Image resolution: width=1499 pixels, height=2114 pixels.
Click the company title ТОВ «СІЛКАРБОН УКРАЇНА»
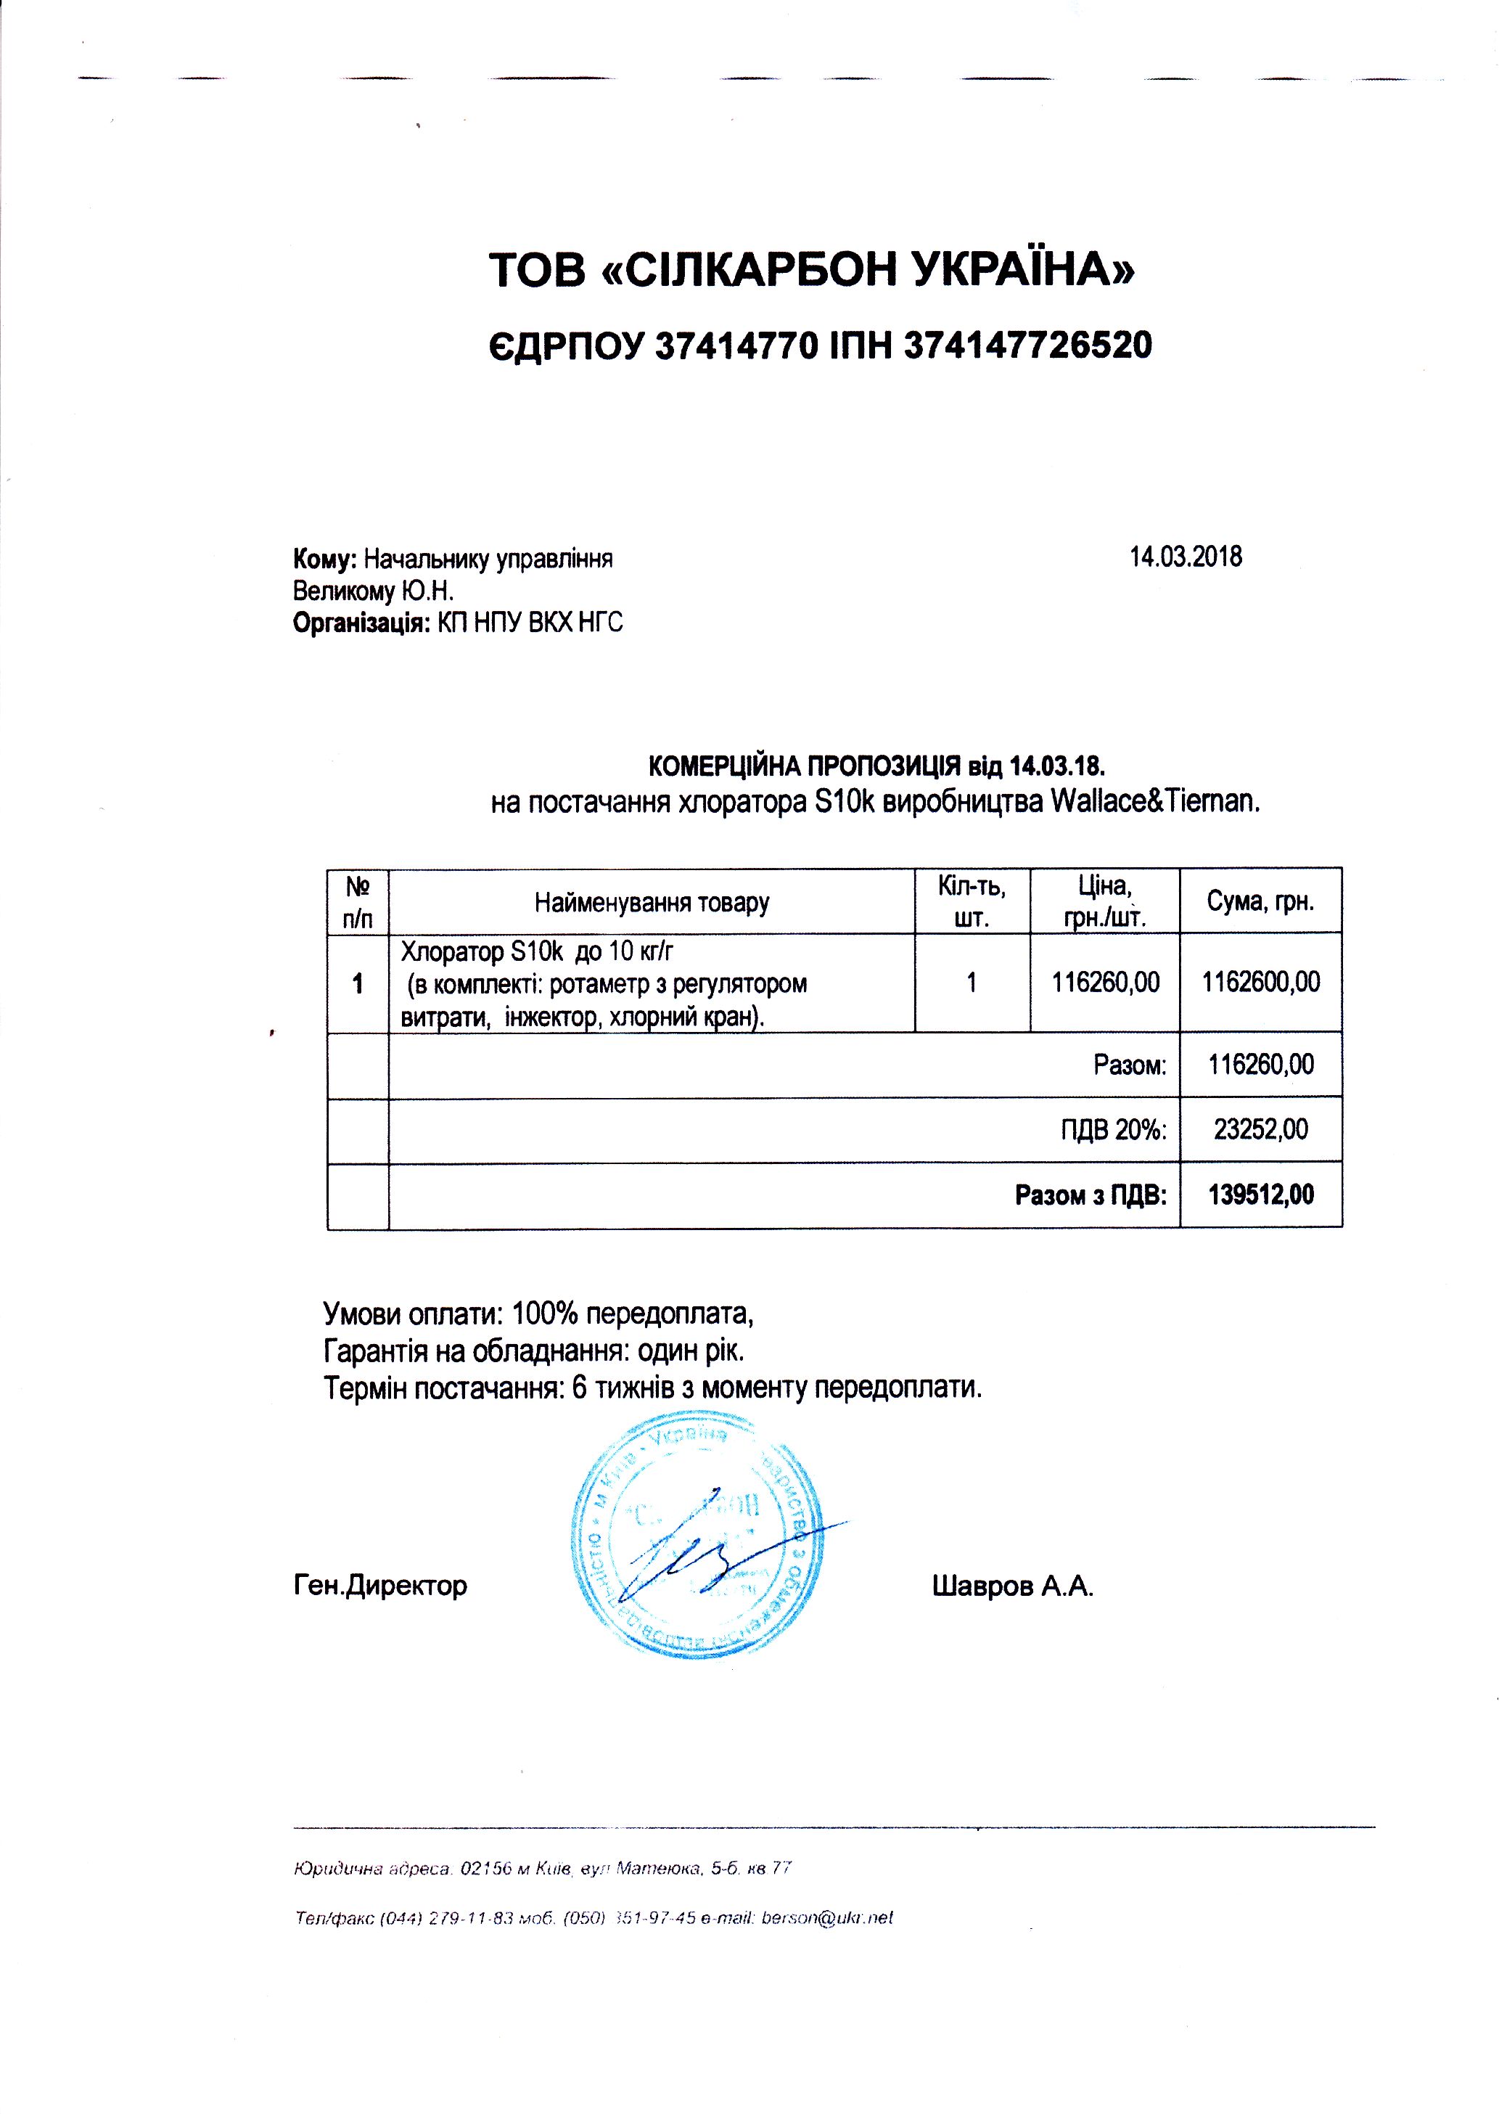pos(811,269)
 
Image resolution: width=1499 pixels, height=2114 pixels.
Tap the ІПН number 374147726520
pos(1028,346)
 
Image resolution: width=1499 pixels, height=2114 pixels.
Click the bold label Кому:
pos(325,560)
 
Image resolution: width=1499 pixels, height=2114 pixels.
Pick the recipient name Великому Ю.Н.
pos(373,591)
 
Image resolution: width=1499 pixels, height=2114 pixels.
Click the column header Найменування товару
pos(652,902)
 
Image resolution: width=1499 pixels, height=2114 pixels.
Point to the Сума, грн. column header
pos(1260,902)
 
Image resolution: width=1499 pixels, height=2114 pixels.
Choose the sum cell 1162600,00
pos(1260,981)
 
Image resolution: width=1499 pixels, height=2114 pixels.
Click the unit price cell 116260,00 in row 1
pos(1105,982)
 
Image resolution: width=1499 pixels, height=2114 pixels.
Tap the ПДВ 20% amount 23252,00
pos(1260,1129)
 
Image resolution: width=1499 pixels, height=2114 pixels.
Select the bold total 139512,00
pos(1260,1195)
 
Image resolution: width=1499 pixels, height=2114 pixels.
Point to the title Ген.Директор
pos(380,1586)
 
